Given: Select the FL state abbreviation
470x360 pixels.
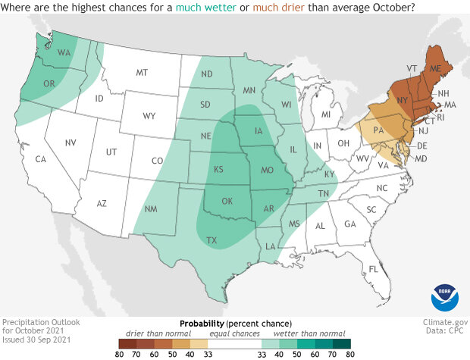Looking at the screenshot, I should coord(373,270).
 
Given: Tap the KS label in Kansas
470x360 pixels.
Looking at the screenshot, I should coord(219,167).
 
